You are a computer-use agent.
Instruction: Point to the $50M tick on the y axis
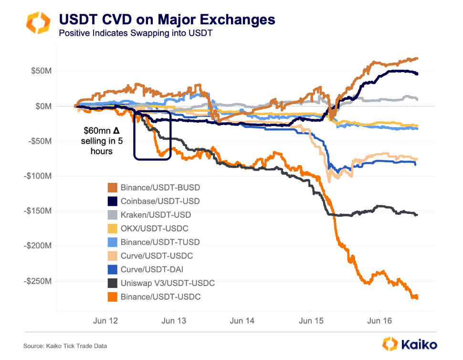click(x=41, y=71)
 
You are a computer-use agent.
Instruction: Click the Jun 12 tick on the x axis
click(x=105, y=321)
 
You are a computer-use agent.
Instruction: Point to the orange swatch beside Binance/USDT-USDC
click(x=113, y=297)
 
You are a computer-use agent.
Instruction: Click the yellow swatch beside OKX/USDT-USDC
click(x=113, y=229)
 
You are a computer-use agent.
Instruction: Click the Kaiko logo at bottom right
click(x=410, y=344)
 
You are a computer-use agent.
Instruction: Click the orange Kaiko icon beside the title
click(x=37, y=23)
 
